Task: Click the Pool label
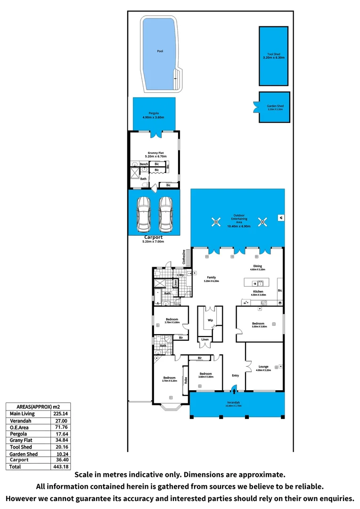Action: click(160, 51)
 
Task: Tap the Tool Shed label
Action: click(274, 55)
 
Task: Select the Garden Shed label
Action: click(274, 107)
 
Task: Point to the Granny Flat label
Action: click(156, 152)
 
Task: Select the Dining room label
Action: click(258, 266)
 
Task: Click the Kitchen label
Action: click(258, 292)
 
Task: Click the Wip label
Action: click(210, 320)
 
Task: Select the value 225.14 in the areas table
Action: click(61, 414)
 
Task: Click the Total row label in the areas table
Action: click(16, 467)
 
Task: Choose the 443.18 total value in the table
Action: click(61, 467)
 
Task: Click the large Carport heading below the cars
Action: click(153, 237)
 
